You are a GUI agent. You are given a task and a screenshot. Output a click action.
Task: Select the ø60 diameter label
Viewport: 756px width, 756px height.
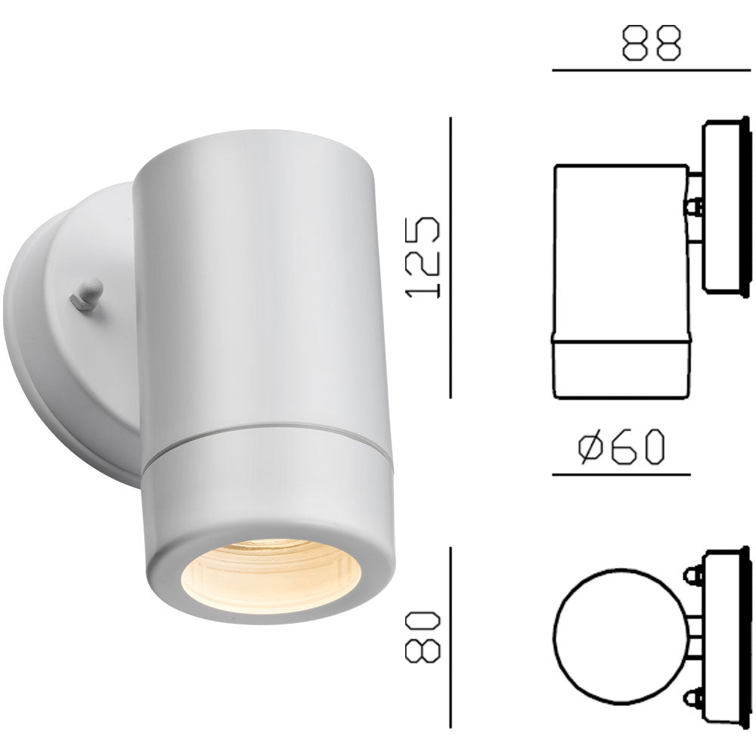pyautogui.click(x=621, y=447)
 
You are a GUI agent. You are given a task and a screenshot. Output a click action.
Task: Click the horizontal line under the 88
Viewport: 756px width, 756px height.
pyautogui.click(x=650, y=70)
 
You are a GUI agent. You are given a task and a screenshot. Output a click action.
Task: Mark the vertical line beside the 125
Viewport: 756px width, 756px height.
pyautogui.click(x=451, y=257)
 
